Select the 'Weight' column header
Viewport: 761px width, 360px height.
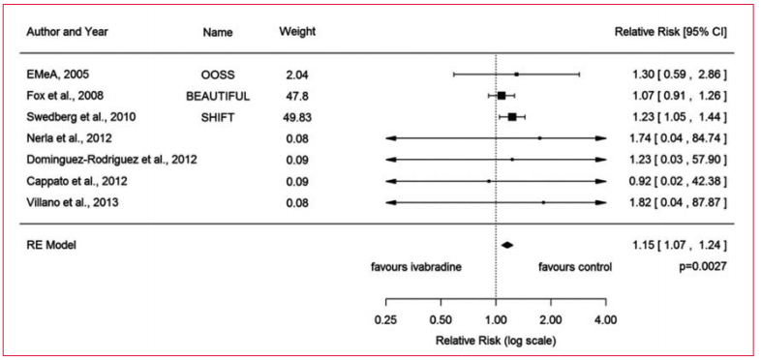pos(296,31)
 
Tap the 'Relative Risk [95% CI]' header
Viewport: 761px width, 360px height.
pos(671,31)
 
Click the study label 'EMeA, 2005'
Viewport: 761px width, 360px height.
pos(60,74)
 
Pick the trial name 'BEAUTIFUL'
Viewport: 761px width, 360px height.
pos(218,96)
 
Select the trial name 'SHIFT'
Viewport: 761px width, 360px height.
pos(218,117)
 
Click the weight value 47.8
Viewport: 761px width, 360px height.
pos(296,96)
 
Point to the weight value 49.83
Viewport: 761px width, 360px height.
pos(296,117)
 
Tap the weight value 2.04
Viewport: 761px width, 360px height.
pos(296,74)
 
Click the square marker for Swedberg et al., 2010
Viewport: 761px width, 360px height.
pos(512,117)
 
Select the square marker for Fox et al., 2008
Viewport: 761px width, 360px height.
pos(502,96)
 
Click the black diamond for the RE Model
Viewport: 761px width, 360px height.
pos(506,245)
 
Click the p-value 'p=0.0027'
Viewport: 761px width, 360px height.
pos(702,266)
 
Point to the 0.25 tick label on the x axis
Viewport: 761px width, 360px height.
pos(386,318)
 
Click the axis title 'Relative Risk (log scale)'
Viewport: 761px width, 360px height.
pos(496,340)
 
